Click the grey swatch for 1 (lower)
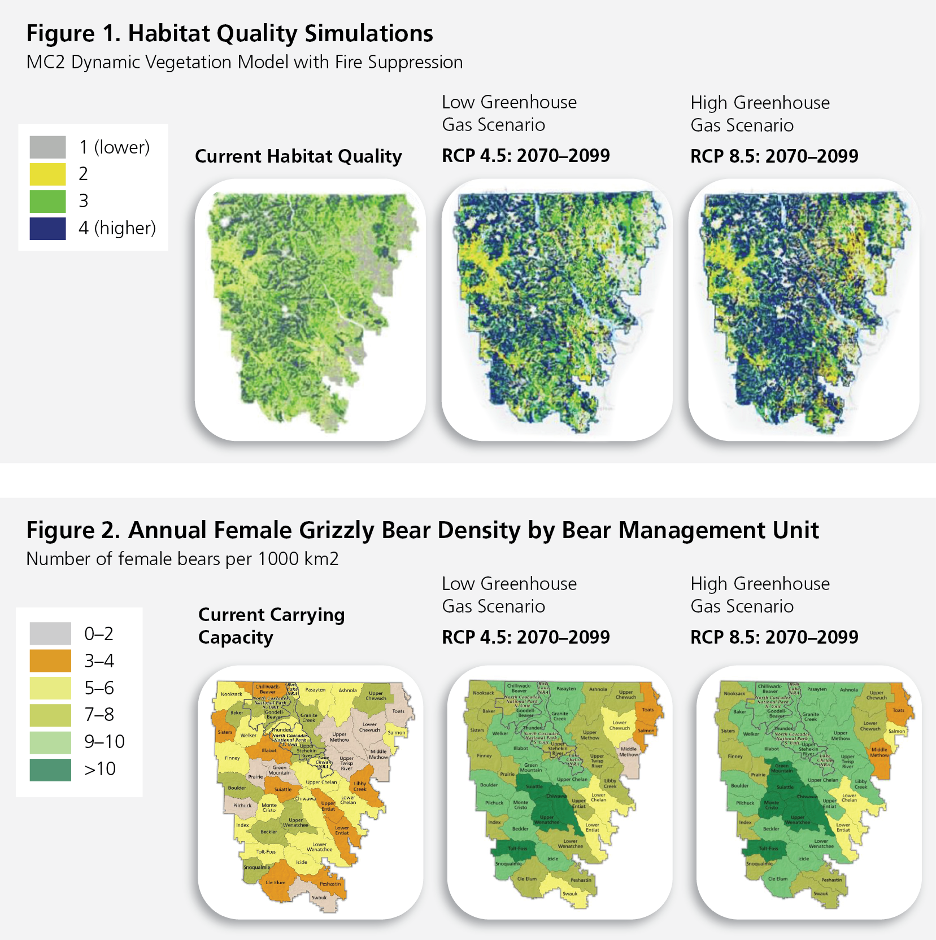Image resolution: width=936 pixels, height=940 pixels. (47, 147)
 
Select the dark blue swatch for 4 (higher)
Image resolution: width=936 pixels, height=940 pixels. (47, 228)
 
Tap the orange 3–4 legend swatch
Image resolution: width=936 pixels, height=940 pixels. (50, 661)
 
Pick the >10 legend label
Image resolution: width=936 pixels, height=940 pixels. (100, 769)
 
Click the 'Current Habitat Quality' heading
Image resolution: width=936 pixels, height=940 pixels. (298, 156)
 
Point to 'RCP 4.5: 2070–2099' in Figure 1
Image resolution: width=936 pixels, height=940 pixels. (525, 156)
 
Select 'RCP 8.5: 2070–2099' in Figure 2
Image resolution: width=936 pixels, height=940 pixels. (774, 637)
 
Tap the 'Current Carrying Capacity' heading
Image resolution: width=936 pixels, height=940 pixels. (271, 626)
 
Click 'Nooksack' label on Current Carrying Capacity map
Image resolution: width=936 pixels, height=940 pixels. (231, 694)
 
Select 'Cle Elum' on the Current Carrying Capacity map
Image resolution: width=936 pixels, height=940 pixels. (275, 882)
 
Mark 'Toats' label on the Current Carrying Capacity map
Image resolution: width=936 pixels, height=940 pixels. (398, 711)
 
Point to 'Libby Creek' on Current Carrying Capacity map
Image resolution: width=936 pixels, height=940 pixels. (360, 786)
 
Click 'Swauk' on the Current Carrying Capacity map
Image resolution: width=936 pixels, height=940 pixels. (319, 897)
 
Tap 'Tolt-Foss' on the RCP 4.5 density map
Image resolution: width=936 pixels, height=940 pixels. (517, 849)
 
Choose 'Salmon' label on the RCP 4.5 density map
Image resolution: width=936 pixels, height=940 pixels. (646, 731)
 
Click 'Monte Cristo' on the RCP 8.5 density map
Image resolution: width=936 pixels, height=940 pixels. (771, 805)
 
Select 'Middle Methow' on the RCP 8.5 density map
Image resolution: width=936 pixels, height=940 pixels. (879, 752)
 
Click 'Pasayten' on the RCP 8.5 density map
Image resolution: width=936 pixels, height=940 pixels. (817, 689)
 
